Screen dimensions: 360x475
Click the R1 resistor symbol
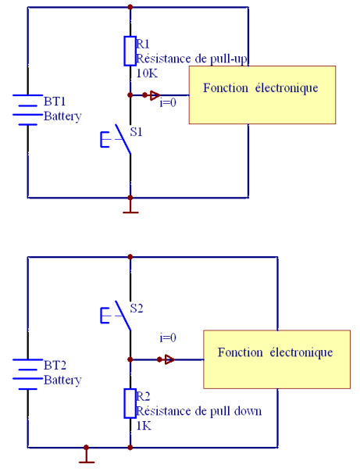[x=130, y=51]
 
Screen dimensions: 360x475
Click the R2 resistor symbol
[x=130, y=403]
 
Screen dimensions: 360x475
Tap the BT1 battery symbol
[x=28, y=110]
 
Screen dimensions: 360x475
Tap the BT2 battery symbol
[x=28, y=374]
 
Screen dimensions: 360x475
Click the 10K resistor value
[x=147, y=73]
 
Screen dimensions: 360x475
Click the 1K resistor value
[x=144, y=426]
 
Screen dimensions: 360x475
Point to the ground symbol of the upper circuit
[x=130, y=208]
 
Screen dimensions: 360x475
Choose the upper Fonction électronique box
[x=262, y=95]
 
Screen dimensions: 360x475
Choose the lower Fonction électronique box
[x=276, y=359]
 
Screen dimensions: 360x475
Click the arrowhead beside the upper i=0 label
[x=155, y=95]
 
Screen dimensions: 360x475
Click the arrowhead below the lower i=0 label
[x=169, y=359]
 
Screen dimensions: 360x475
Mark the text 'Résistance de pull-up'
[x=191, y=59]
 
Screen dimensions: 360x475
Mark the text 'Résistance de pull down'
[x=199, y=411]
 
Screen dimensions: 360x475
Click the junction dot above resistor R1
[x=130, y=7]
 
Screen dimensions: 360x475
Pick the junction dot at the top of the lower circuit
[x=130, y=257]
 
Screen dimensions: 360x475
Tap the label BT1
[x=55, y=102]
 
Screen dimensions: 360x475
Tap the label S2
[x=136, y=309]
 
